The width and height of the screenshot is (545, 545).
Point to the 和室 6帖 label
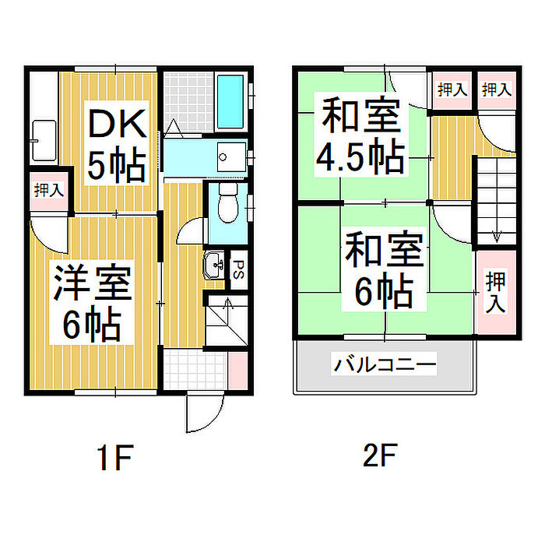point(384,272)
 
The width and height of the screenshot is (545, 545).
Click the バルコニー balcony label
point(384,364)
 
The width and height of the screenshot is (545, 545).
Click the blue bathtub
point(230,102)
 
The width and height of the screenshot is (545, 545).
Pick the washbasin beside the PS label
point(214,266)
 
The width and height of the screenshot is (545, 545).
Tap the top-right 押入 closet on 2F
point(497,90)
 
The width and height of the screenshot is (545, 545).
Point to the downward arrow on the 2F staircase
point(496,234)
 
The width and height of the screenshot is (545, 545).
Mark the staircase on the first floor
point(226,319)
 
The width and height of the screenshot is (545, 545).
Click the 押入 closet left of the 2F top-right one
point(452,90)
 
